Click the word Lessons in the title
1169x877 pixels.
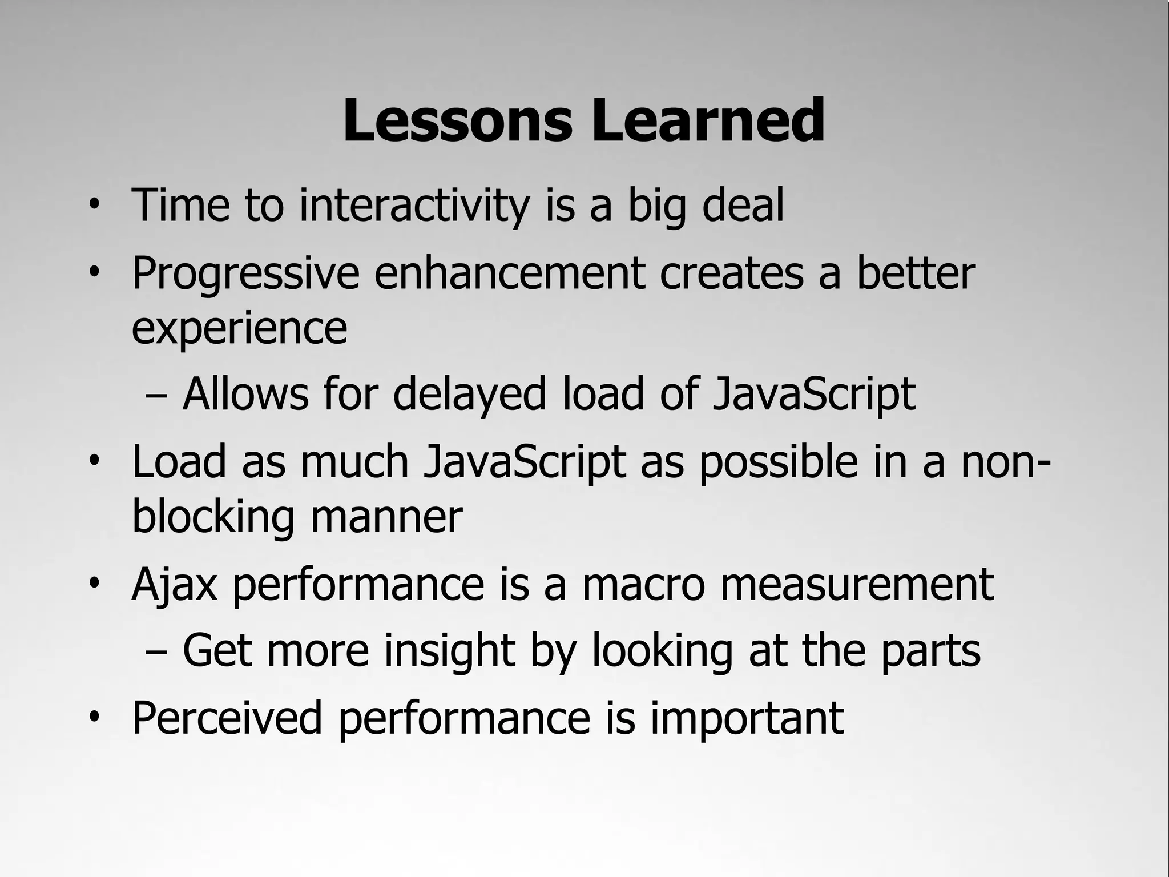(457, 121)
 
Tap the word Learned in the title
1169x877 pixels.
(708, 121)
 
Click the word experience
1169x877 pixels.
(239, 330)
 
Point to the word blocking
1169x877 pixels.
(213, 517)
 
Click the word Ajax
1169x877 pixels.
(174, 586)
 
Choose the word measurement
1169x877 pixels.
(857, 585)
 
